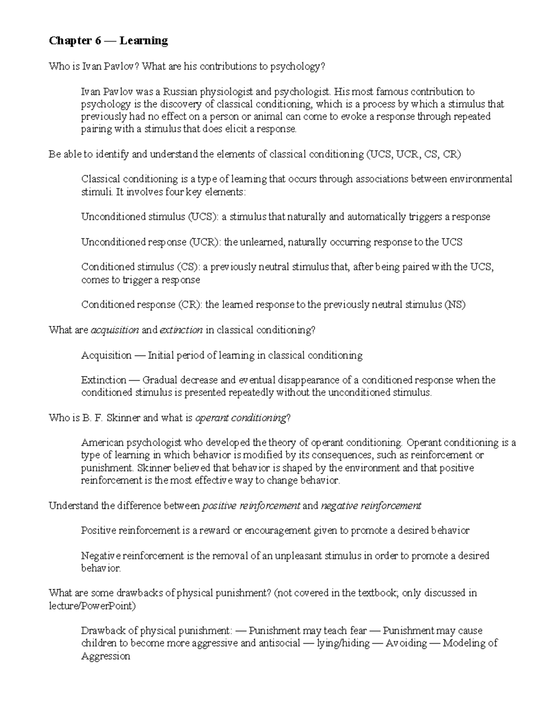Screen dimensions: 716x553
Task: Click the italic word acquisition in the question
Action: coord(115,330)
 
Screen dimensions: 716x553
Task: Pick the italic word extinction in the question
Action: coord(181,330)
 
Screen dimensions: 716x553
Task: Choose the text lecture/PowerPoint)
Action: coord(92,606)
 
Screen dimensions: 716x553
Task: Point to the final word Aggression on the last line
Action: coord(106,656)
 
